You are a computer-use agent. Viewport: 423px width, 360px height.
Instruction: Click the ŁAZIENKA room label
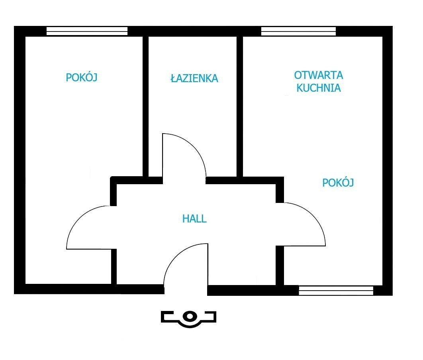click(x=194, y=78)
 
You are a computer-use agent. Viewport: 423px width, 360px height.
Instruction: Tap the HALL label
click(x=194, y=218)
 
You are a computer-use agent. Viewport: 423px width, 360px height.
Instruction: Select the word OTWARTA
click(x=318, y=75)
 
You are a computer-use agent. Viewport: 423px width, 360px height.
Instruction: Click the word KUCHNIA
click(x=319, y=88)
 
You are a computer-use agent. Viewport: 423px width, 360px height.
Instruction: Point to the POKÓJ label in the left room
click(x=82, y=77)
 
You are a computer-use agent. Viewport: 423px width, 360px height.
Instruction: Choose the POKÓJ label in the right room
click(x=338, y=183)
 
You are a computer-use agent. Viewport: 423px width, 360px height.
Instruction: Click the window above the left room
click(x=87, y=31)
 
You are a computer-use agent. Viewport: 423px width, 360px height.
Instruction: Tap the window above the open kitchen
click(x=299, y=31)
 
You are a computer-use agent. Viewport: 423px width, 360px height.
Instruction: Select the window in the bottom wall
click(x=336, y=291)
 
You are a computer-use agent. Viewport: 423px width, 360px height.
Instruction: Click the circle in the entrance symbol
click(x=190, y=316)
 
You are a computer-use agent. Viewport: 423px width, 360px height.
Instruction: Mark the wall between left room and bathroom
click(x=145, y=106)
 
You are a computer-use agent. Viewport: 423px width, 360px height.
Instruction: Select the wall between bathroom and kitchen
click(x=240, y=106)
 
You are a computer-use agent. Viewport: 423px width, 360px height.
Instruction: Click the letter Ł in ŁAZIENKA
click(x=174, y=78)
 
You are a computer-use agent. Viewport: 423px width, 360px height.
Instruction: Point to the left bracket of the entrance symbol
click(x=167, y=317)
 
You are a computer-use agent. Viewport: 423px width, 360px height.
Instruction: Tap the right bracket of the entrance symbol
click(x=210, y=317)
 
